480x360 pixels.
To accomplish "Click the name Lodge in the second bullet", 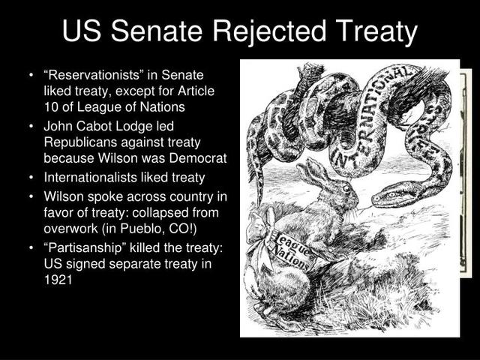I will [152, 126].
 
